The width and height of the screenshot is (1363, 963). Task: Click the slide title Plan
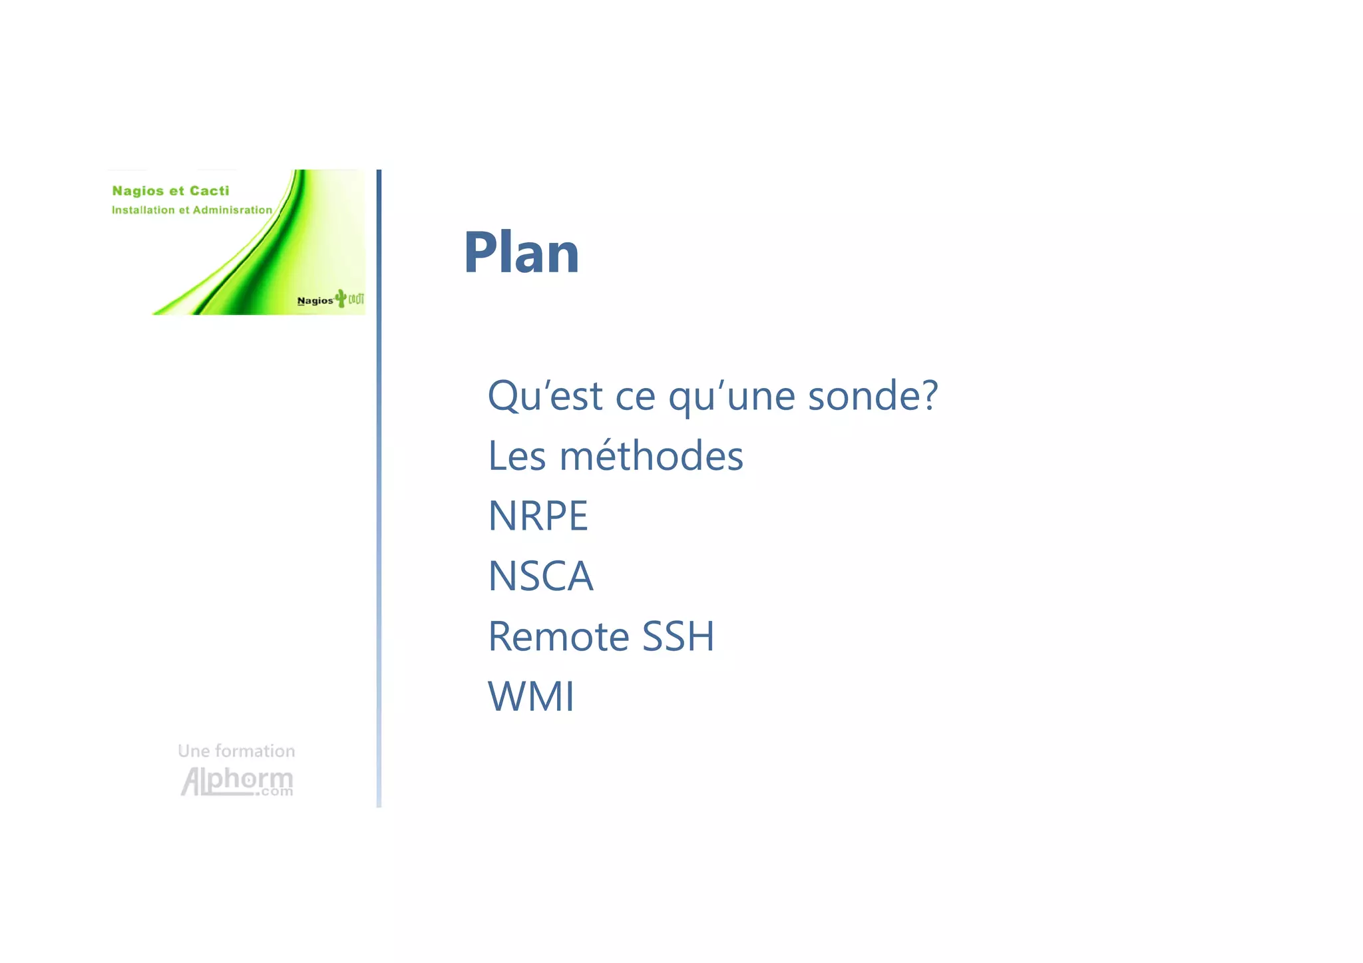(x=521, y=253)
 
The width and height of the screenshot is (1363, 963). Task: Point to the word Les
(x=517, y=457)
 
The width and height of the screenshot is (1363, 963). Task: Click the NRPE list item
(x=538, y=516)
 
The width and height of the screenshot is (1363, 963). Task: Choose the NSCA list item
(x=540, y=576)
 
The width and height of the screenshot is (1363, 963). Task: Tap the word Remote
(x=558, y=636)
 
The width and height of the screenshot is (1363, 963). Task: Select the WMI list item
(x=531, y=697)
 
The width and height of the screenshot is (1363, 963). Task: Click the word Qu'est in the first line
(x=545, y=396)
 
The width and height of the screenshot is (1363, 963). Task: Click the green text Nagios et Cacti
(x=170, y=191)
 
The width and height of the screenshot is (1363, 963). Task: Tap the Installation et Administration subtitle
(x=192, y=210)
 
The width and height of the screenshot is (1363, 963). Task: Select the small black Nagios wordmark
(x=315, y=301)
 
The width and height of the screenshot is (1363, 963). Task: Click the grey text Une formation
(x=236, y=751)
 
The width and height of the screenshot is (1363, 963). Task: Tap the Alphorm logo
(x=237, y=781)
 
